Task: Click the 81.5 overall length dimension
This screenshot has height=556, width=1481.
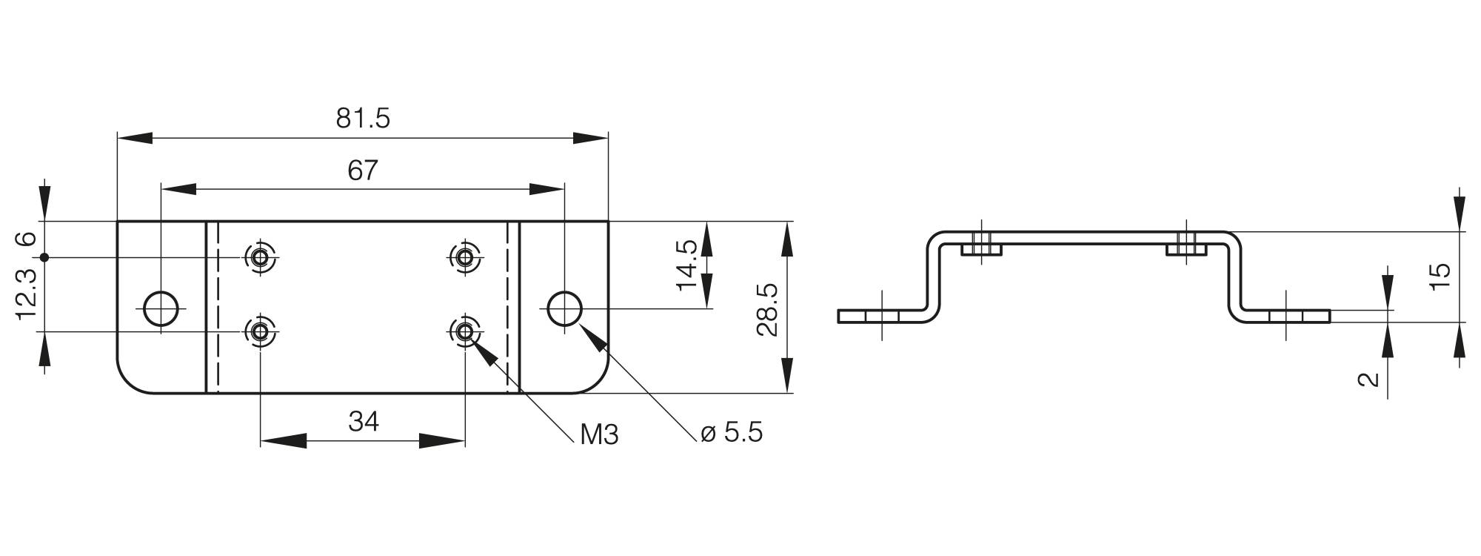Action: (363, 119)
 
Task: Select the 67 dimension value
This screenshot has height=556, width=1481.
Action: (363, 171)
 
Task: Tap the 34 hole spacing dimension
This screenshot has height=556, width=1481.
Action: (364, 422)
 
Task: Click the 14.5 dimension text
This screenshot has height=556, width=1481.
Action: (686, 265)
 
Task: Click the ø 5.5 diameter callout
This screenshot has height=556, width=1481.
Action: (732, 432)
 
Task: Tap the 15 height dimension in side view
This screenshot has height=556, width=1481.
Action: (1440, 277)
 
